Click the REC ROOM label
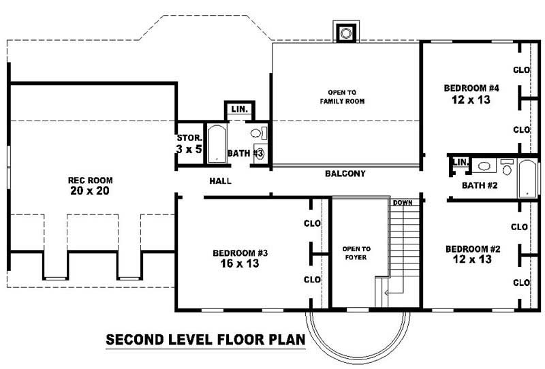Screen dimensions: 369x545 90,180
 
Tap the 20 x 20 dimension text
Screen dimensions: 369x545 90,191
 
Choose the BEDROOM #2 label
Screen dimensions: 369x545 472,248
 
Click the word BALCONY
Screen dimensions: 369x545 345,174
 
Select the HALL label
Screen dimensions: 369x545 220,182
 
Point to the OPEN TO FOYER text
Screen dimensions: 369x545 356,253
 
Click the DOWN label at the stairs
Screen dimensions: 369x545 401,203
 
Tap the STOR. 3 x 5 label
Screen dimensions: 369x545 189,142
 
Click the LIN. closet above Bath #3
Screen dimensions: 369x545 239,110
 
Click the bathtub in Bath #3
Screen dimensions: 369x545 216,143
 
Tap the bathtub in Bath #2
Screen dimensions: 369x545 528,178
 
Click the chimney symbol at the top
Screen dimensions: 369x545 346,32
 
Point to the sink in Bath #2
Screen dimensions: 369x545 484,165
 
